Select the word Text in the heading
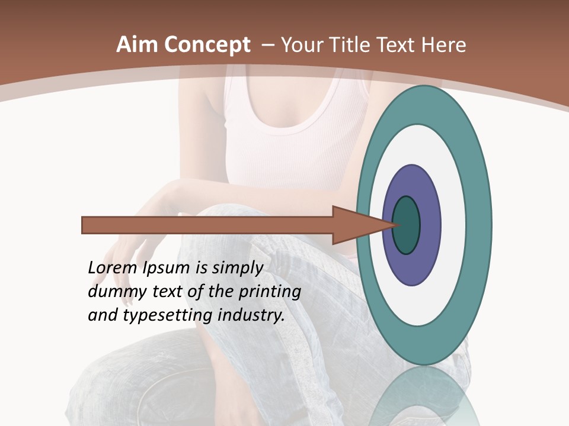coord(399,45)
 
